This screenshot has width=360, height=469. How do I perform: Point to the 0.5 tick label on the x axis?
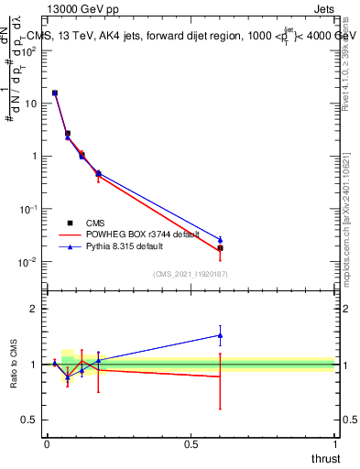pyautogui.click(x=191, y=444)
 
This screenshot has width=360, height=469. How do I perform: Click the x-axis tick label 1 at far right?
pyautogui.click(x=335, y=444)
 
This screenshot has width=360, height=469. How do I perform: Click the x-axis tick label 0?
pyautogui.click(x=46, y=444)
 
